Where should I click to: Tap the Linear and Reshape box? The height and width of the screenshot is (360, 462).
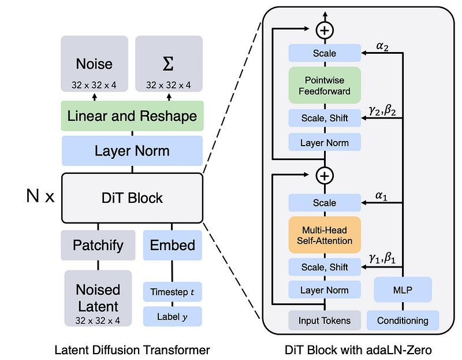[x=132, y=116]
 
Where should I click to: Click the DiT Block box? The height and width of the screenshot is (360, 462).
[x=132, y=198]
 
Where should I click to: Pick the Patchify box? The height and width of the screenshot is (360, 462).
[x=98, y=245]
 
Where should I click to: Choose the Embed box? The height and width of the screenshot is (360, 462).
[x=172, y=245]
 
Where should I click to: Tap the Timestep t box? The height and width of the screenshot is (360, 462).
[x=172, y=292]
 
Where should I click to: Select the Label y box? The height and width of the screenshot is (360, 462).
[x=172, y=316]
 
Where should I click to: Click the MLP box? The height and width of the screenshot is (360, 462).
[x=403, y=289]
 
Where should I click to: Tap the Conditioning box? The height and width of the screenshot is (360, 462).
[x=403, y=320]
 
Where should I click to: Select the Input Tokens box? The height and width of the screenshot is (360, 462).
[x=325, y=320]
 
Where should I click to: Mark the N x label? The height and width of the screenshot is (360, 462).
[x=40, y=198]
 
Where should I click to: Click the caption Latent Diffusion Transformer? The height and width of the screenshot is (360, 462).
[x=132, y=349]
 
